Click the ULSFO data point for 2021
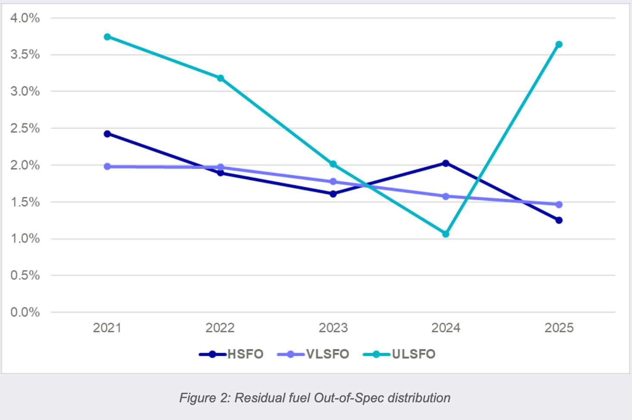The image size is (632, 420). [107, 37]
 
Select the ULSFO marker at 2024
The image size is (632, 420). [446, 234]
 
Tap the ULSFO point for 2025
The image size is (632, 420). [559, 44]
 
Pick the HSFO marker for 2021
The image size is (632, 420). [107, 134]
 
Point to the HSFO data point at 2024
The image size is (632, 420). [446, 163]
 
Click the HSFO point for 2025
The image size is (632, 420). [559, 220]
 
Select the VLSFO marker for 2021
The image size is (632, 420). [107, 167]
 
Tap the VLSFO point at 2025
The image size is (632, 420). [559, 204]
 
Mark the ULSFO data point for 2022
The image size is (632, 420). [220, 78]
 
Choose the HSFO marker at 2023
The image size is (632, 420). [333, 194]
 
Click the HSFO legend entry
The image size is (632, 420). [231, 354]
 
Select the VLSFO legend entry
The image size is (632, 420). [313, 354]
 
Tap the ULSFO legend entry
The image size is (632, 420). [399, 354]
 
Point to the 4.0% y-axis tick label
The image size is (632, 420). [25, 19]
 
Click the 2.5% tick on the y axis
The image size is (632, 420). [25, 129]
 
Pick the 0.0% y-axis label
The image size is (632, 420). [25, 312]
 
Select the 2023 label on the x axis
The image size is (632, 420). [333, 328]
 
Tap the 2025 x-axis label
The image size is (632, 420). [559, 328]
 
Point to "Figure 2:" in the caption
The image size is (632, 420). [205, 398]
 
